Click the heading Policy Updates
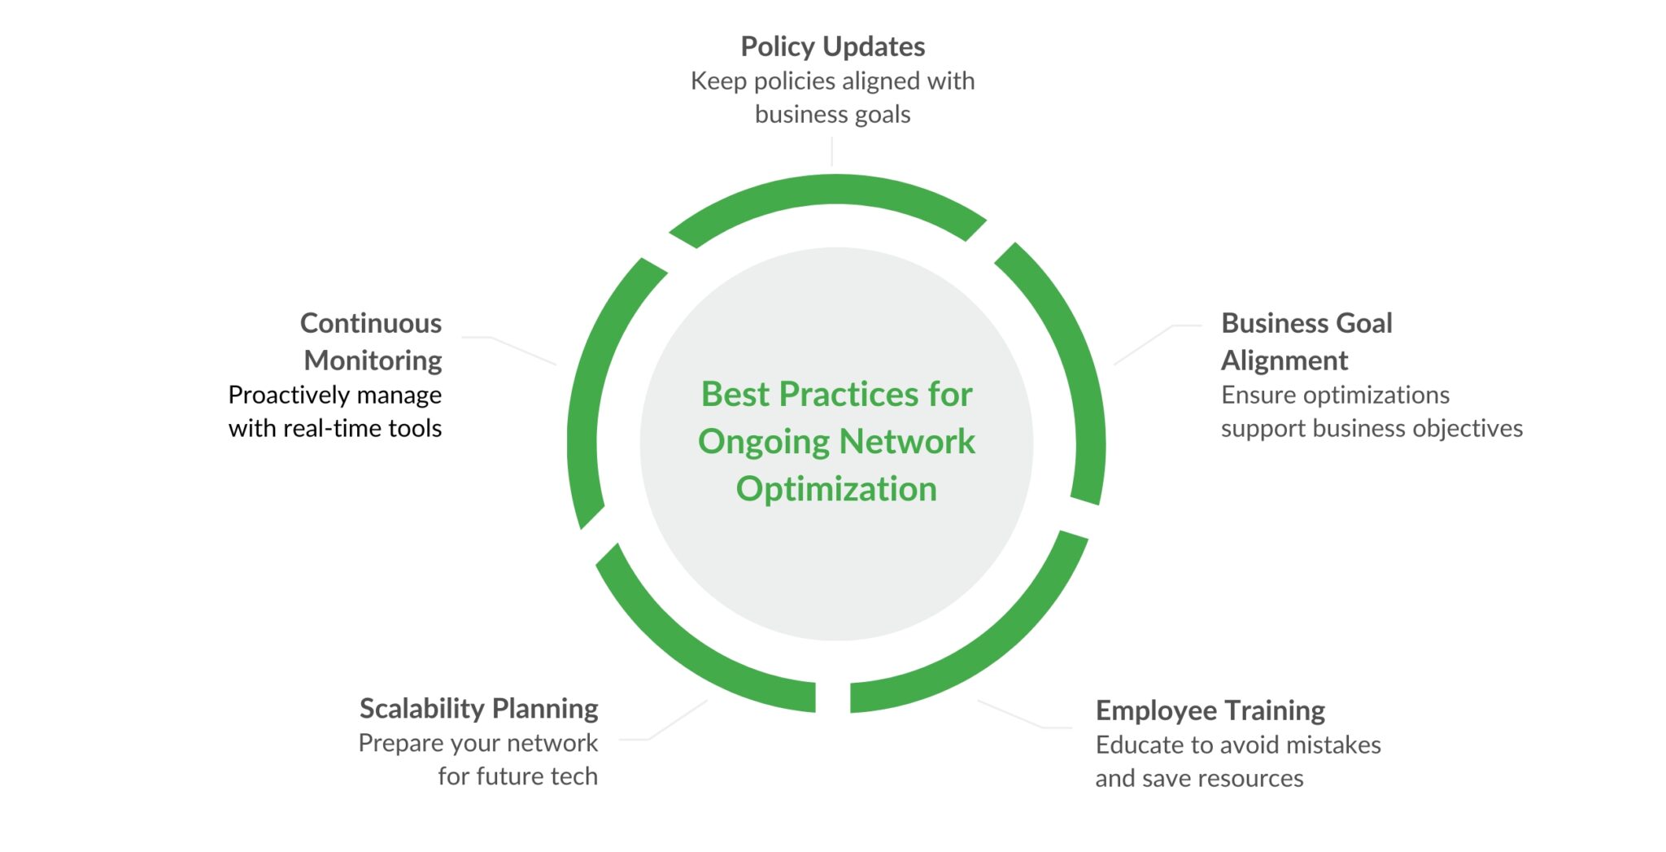pyautogui.click(x=832, y=47)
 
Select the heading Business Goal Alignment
pyautogui.click(x=1306, y=342)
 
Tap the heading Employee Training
pyautogui.click(x=1210, y=710)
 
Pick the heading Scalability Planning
pyautogui.click(x=478, y=709)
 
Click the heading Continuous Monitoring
pyautogui.click(x=372, y=342)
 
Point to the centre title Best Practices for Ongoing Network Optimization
pyautogui.click(x=836, y=441)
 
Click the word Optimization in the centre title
pyautogui.click(x=836, y=489)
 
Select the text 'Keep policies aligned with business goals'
pyautogui.click(x=832, y=98)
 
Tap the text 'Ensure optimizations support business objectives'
pyautogui.click(x=1371, y=412)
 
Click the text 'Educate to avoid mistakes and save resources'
pyautogui.click(x=1237, y=762)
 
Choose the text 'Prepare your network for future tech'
pyautogui.click(x=478, y=759)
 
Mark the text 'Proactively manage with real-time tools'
pyautogui.click(x=335, y=412)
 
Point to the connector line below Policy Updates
pyautogui.click(x=831, y=152)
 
